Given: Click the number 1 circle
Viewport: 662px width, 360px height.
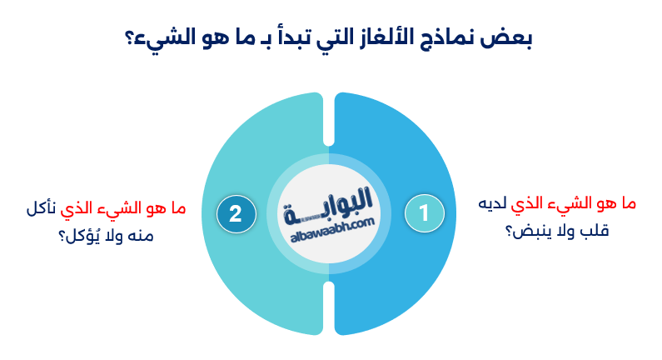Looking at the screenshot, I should pyautogui.click(x=424, y=213).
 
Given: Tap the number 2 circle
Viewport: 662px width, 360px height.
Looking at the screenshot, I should pyautogui.click(x=236, y=213).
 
